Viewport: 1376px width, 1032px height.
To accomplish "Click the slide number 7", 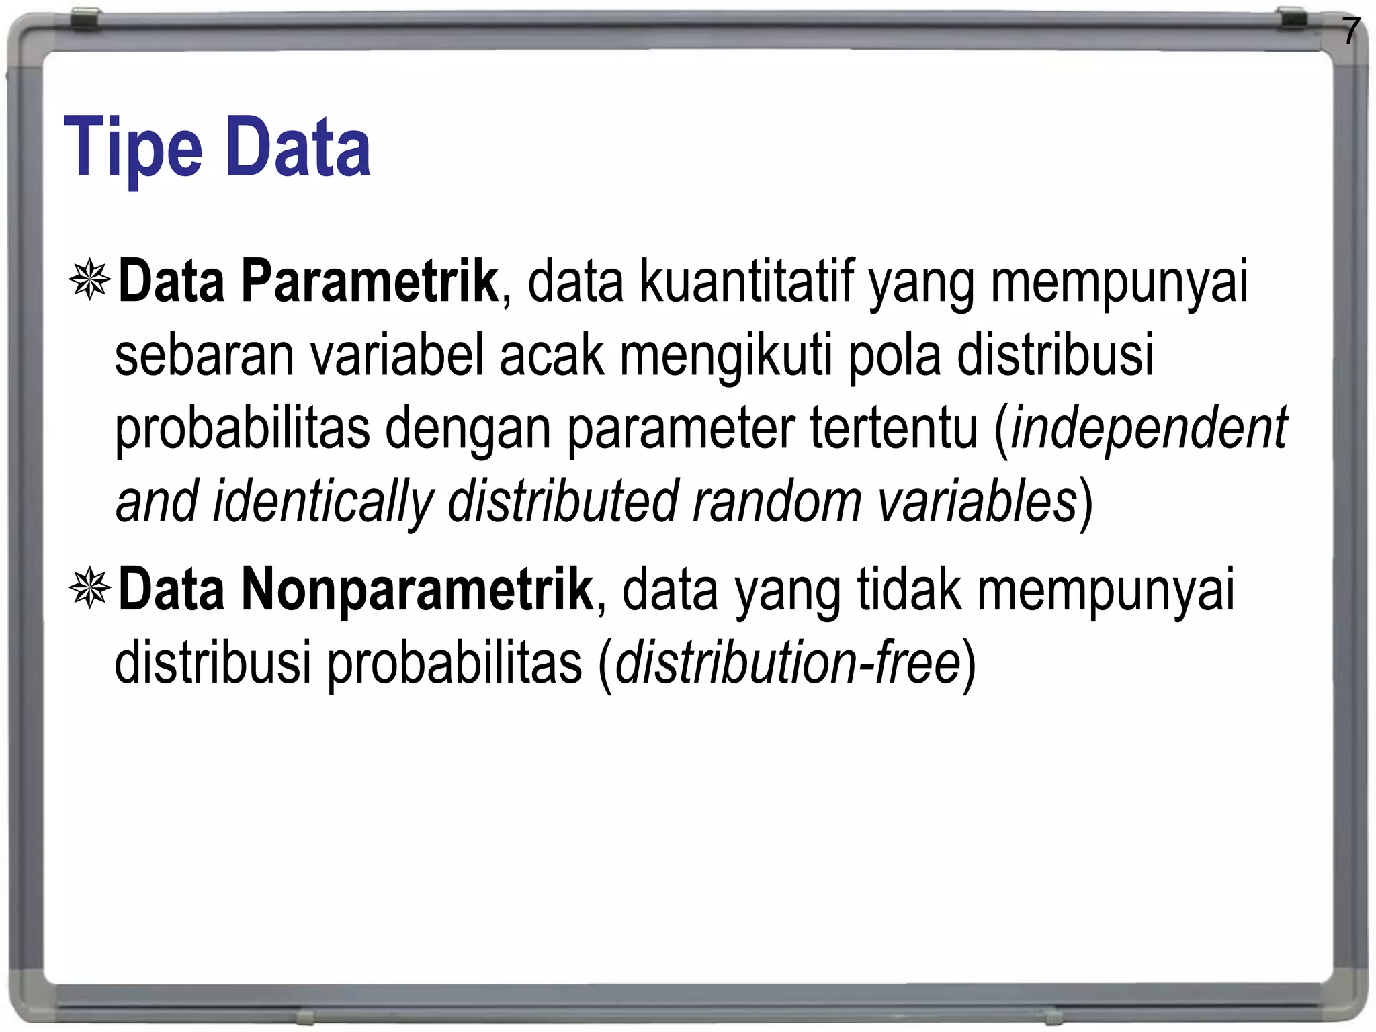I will pyautogui.click(x=1350, y=32).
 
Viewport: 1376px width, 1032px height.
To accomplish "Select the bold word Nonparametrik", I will pyautogui.click(x=417, y=590).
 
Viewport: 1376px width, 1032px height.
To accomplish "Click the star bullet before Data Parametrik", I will pyautogui.click(x=89, y=279).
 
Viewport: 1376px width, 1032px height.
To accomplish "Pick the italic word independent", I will pyautogui.click(x=1149, y=429).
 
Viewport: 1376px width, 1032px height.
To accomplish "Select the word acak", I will pyautogui.click(x=551, y=355).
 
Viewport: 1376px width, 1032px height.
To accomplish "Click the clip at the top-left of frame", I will pyautogui.click(x=86, y=18).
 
